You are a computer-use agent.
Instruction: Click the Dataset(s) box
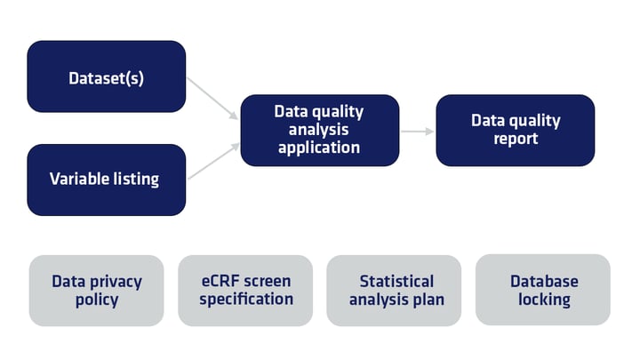click(106, 77)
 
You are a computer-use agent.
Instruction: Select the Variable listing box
click(106, 180)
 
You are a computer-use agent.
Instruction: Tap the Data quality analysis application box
click(319, 130)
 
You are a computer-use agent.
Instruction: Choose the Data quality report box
click(516, 130)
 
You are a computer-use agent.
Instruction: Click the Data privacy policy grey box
click(97, 291)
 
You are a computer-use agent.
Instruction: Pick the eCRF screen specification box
click(246, 291)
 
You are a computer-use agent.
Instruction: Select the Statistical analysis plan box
click(395, 291)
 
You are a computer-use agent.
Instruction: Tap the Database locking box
click(543, 291)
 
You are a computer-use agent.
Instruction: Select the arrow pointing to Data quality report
click(417, 131)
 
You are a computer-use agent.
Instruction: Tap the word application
click(319, 148)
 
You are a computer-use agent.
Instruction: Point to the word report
click(516, 139)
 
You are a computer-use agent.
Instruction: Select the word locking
click(544, 300)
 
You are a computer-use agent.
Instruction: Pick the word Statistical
click(396, 282)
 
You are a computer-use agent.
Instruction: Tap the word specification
click(246, 300)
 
